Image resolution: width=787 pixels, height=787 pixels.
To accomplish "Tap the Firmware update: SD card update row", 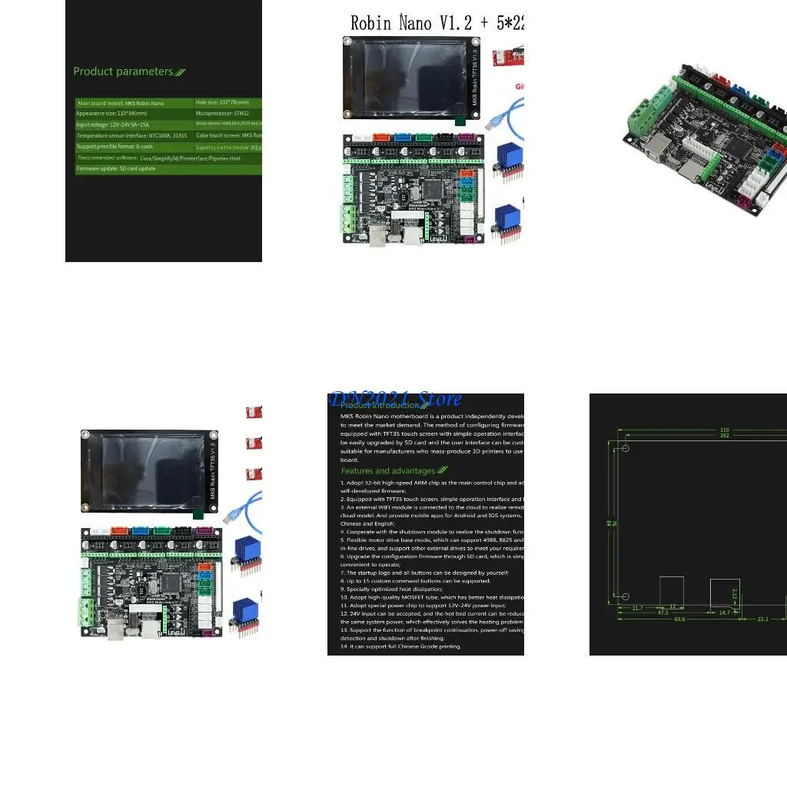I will click(115, 168).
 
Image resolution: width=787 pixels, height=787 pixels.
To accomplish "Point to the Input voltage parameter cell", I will click(112, 124).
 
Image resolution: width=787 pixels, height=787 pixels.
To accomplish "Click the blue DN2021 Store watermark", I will click(395, 399).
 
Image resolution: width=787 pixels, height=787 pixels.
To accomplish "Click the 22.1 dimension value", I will click(762, 619).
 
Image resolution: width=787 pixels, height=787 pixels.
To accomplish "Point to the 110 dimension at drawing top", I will click(723, 430).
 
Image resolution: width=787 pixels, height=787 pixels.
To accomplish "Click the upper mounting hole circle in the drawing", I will click(626, 449).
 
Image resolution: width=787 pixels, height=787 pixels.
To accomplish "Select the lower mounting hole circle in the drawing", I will click(626, 596).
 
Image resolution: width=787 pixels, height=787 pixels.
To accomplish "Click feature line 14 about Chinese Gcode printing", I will click(400, 646).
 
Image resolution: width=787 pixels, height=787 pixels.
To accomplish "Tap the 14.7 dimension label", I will click(723, 613).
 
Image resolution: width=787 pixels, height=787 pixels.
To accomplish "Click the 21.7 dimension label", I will click(637, 608).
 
